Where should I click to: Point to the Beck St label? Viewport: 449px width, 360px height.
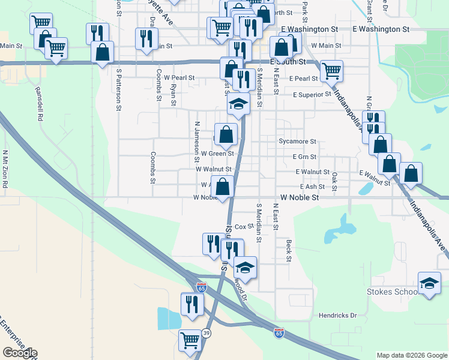pos(289,251)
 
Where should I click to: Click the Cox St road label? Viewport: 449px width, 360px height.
pos(241,227)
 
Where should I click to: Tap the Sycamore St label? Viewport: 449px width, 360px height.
pos(297,142)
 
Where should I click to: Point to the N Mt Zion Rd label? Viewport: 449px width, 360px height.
pos(5,169)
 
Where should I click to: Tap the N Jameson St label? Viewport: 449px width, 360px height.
pos(196,142)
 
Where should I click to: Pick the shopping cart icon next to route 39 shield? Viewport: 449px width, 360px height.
pos(190,340)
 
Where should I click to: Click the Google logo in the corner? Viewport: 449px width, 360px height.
pos(19,353)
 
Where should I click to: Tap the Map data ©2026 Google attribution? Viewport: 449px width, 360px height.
pos(411,355)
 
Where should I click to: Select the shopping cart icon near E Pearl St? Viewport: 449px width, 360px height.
pos(331,71)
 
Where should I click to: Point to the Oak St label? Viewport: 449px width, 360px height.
pos(334,178)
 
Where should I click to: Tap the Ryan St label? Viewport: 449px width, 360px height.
pos(173,94)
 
